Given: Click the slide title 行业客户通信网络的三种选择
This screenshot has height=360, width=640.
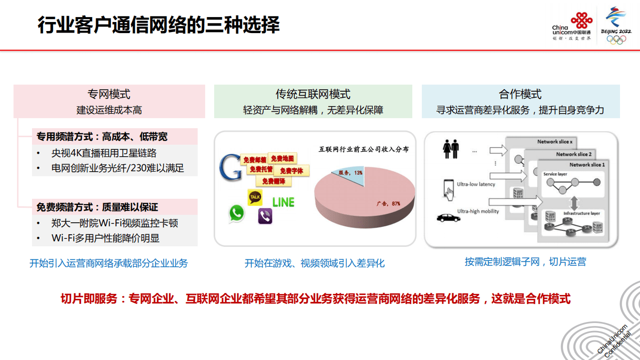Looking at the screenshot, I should pos(159,24).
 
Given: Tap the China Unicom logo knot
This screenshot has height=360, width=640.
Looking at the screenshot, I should pos(581,20).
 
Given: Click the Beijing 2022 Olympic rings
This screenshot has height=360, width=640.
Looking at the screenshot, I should pos(616,40).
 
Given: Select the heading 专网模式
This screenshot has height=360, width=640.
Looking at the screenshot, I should pos(109,94).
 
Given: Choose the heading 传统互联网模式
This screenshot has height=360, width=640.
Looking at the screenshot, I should pos(313,94).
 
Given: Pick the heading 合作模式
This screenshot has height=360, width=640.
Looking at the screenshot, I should pos(520,94).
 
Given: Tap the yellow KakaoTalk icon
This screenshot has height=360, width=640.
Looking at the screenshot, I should pos(255,197).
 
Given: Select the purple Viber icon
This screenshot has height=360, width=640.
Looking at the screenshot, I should pos(265,216).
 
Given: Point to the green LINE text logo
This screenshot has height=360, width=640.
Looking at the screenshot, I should pos(283,202).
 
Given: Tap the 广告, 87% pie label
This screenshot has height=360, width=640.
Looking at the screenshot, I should pos(388,204).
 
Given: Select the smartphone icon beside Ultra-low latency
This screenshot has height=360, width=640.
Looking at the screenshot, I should pos(448,188).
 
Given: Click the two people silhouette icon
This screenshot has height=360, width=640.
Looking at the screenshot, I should pos(451,149).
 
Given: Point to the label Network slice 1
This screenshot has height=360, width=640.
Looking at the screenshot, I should pos(586,165).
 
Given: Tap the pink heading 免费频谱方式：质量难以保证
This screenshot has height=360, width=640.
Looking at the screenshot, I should pos(97,207).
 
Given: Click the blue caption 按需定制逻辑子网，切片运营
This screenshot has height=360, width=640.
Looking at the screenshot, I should pos(525,261).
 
